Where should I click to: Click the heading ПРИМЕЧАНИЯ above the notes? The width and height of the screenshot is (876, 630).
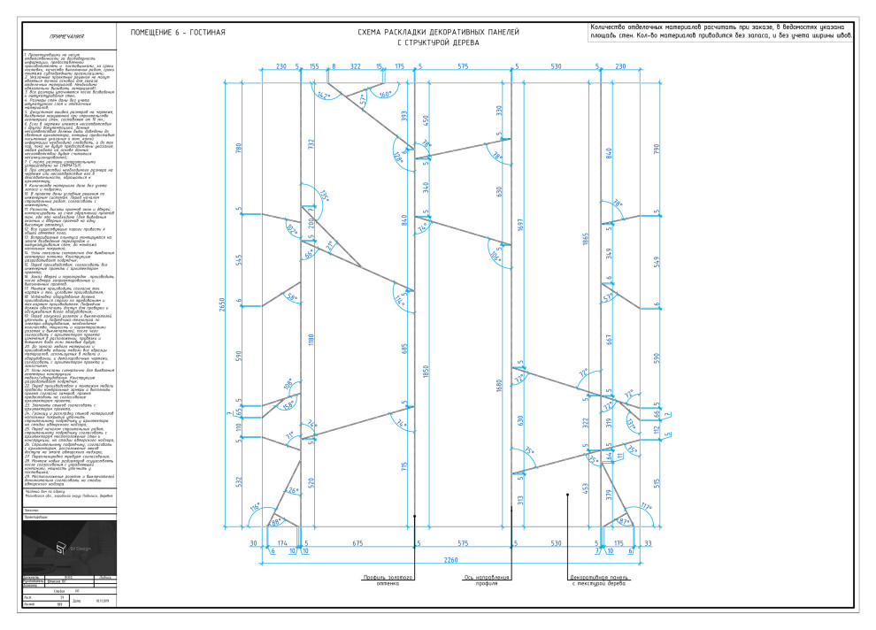pyautogui.click(x=67, y=37)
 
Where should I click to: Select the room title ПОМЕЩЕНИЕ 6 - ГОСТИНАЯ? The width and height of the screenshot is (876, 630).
pyautogui.click(x=178, y=33)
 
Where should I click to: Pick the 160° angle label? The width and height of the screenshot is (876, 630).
pyautogui.click(x=386, y=94)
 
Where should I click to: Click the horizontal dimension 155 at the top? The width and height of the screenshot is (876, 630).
pyautogui.click(x=314, y=66)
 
